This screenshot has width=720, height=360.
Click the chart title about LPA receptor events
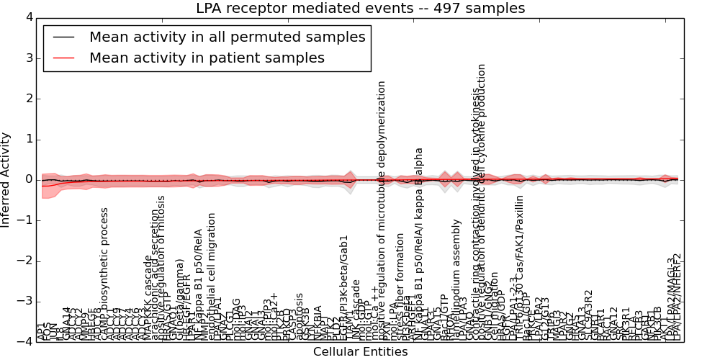coord(360,8)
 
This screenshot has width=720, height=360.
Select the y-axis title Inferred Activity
coord(6,179)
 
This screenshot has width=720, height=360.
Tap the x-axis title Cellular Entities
coord(360,351)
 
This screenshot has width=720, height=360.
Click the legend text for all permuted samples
coord(227,37)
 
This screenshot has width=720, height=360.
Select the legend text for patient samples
coord(207,58)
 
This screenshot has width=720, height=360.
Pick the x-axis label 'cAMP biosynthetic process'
coord(104,274)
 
